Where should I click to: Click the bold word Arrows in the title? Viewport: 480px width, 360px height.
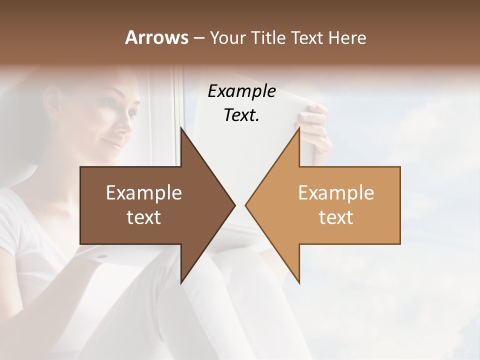click(x=156, y=37)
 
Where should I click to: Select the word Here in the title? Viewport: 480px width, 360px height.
click(x=347, y=37)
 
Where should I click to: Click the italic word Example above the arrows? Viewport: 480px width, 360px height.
click(x=241, y=91)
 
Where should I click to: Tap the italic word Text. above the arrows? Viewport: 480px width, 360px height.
click(x=241, y=115)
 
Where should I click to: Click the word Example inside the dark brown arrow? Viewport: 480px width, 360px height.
click(x=144, y=193)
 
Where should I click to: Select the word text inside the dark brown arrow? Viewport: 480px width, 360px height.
click(x=144, y=217)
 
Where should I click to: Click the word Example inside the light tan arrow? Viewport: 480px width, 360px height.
click(x=336, y=193)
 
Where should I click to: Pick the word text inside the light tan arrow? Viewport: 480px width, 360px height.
click(x=336, y=217)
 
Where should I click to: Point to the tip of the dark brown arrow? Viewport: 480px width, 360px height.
click(x=234, y=205)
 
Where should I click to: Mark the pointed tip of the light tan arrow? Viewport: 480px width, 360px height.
click(x=246, y=205)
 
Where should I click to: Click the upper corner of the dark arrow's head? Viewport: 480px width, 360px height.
click(x=181, y=127)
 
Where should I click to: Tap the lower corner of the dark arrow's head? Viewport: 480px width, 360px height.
click(x=181, y=283)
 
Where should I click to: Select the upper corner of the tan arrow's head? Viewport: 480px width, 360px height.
click(x=299, y=127)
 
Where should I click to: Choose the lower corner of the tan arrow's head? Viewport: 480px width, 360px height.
click(x=299, y=283)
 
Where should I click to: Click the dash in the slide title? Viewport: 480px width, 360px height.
click(x=198, y=38)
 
